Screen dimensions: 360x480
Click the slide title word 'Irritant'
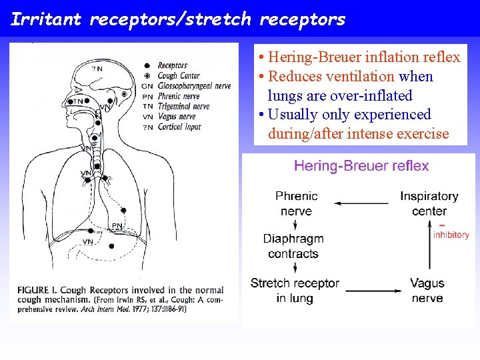coord(45,19)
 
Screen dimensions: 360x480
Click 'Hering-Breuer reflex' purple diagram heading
coord(361,166)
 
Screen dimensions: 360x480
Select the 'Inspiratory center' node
coord(429,203)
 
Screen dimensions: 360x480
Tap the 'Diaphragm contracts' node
coord(293,246)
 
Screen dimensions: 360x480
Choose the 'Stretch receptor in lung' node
coord(295,291)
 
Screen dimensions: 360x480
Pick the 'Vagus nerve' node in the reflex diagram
coord(427,291)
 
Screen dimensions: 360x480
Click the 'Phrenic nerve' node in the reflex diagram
coord(296,203)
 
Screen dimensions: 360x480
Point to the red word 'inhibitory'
coord(451,235)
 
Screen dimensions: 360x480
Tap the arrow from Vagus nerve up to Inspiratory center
coord(428,247)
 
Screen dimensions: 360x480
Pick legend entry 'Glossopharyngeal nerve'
coord(194,86)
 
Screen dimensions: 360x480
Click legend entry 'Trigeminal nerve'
coord(183,107)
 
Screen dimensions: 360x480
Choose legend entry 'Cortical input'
coord(179,127)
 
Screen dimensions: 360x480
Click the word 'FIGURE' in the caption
coord(33,290)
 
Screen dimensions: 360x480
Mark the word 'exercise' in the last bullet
coord(422,134)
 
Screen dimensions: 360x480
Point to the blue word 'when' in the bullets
coord(416,77)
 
